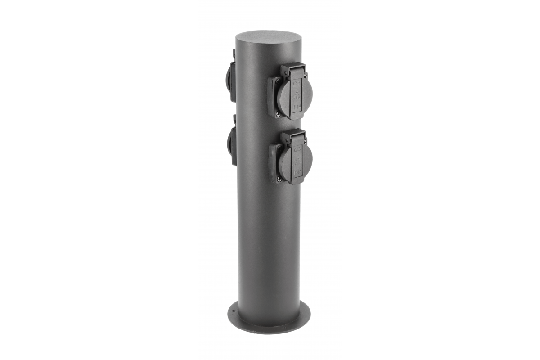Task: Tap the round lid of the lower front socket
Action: [294, 161]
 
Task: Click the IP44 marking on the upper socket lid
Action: [297, 108]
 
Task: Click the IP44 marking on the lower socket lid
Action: [297, 172]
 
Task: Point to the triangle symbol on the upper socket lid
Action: [297, 95]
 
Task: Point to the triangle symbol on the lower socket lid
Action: [297, 160]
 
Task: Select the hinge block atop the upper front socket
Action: [292, 70]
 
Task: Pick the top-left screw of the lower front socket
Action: [279, 148]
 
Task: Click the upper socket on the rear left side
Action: [231, 76]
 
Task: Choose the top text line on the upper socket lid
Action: [297, 83]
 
